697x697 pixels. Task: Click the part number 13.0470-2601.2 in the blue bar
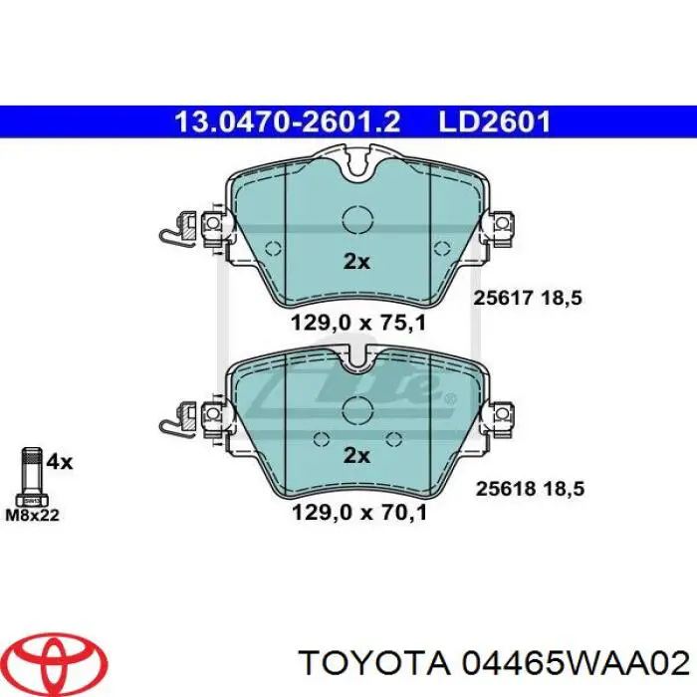pos(287,121)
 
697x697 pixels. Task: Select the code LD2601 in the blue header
pos(495,121)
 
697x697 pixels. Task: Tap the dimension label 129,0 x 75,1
pos(358,323)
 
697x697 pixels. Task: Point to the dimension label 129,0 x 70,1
pos(359,513)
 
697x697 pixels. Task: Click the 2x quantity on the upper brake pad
pos(356,261)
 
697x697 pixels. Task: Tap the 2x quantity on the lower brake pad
pos(356,455)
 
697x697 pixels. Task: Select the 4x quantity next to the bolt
pos(60,462)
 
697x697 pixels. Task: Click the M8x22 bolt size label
pos(32,515)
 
